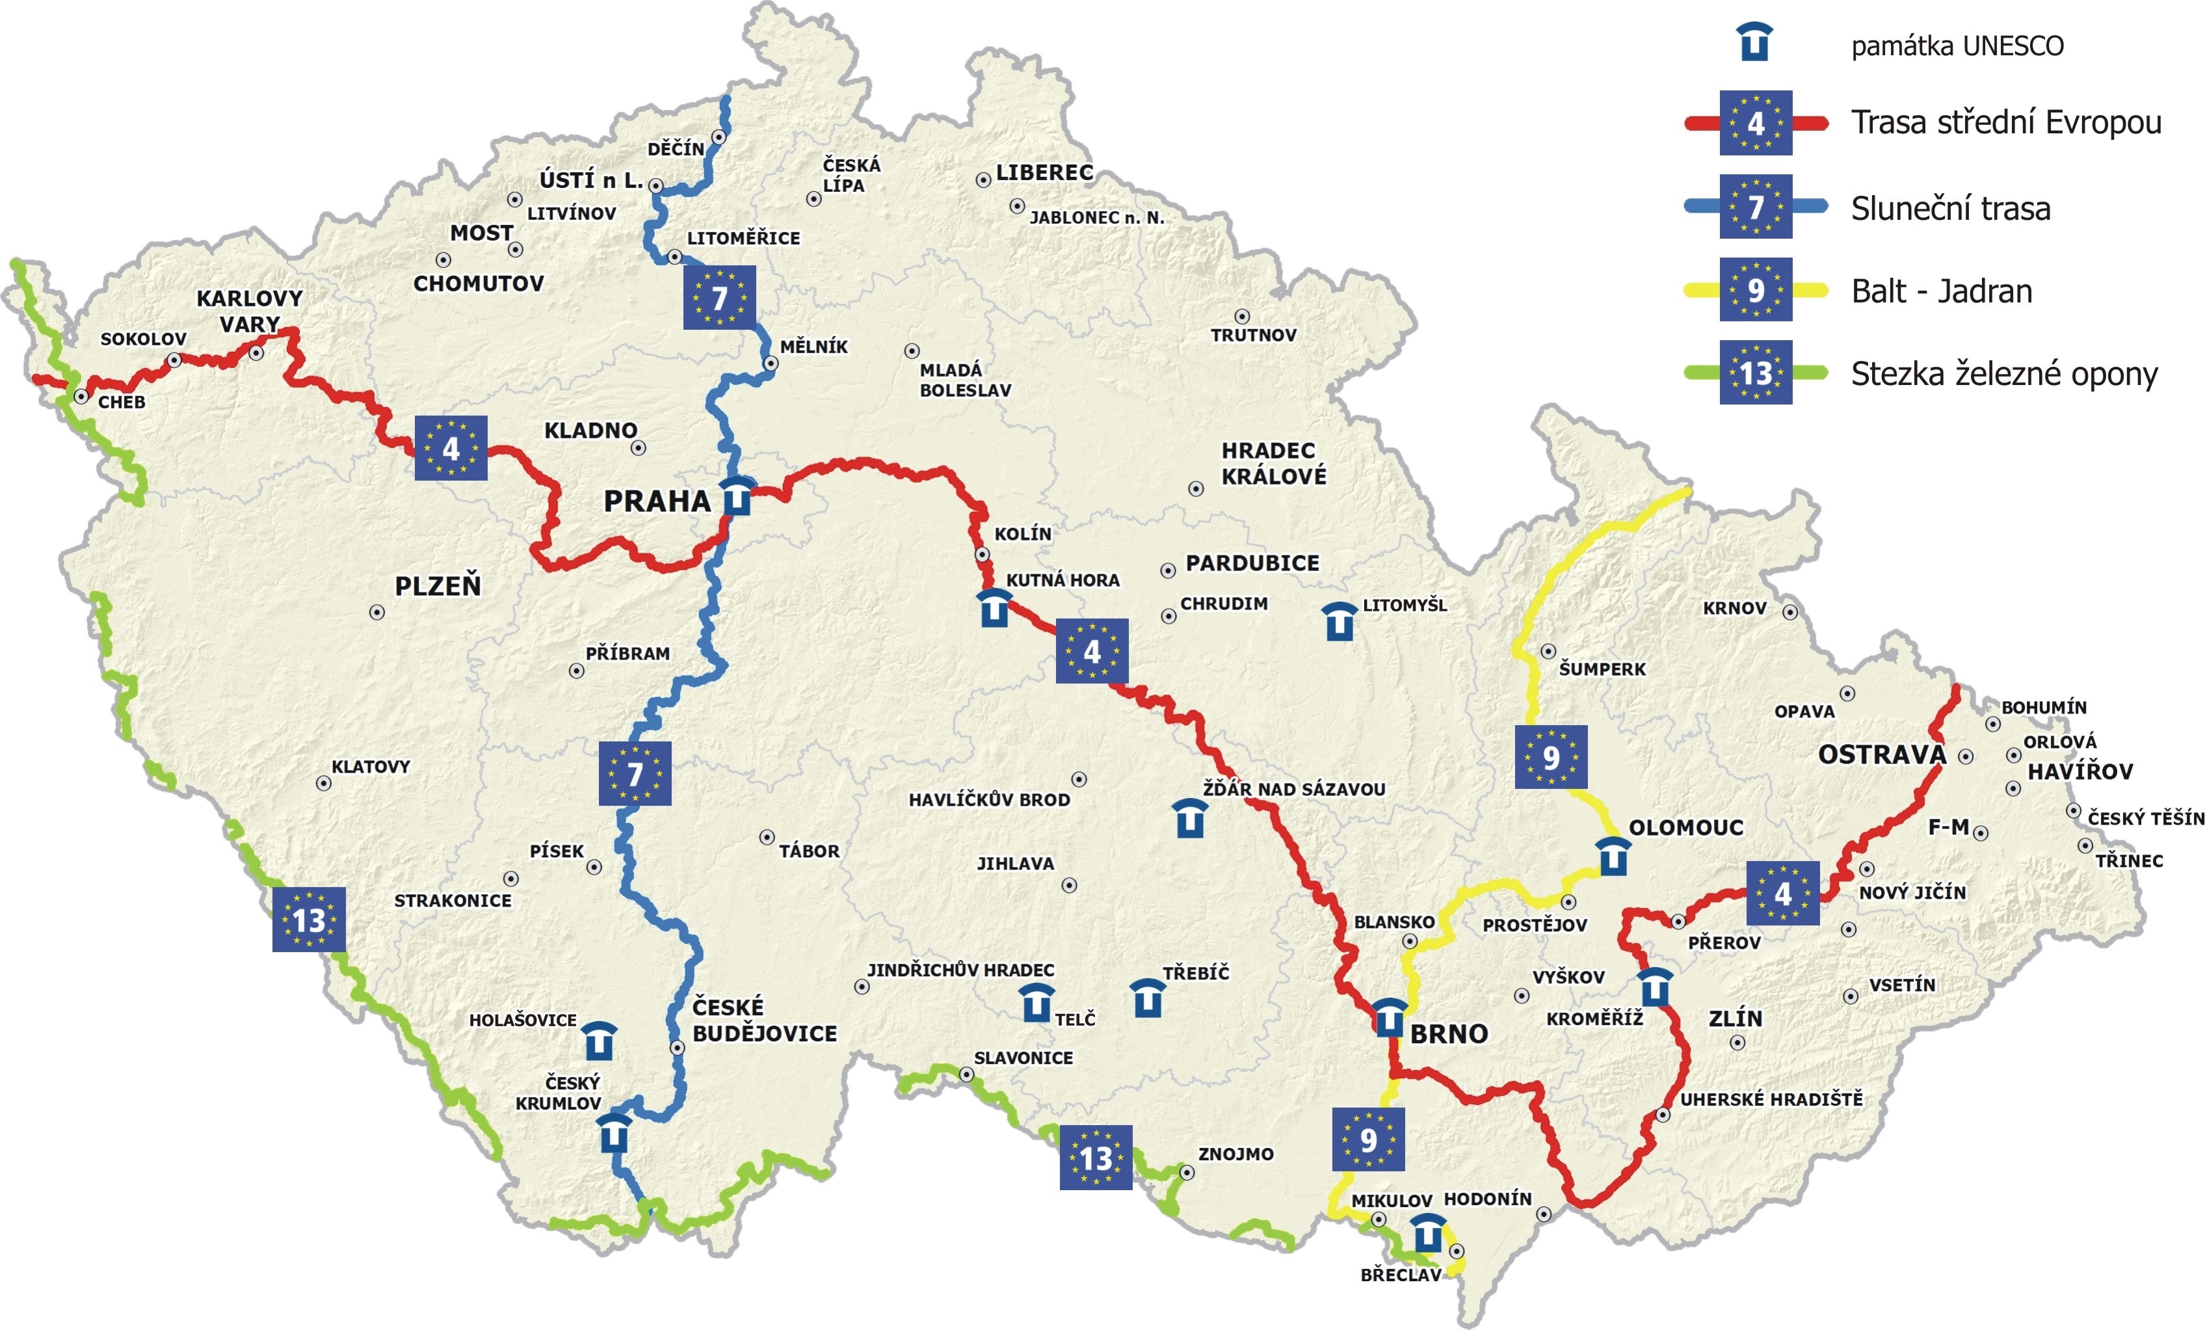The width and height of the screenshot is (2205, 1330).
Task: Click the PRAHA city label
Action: tap(657, 501)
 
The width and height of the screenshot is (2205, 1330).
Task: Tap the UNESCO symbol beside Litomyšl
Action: tap(1339, 621)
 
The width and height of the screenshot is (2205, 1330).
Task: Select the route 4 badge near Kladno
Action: tap(451, 447)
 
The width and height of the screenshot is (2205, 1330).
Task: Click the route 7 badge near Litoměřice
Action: tap(719, 297)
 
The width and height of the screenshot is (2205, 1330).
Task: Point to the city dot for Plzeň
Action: tap(376, 612)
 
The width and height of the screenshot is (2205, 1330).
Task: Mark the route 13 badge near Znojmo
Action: tap(1095, 1157)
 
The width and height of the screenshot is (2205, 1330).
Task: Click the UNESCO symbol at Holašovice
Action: tap(599, 1041)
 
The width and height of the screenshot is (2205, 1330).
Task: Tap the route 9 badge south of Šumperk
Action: tap(1551, 757)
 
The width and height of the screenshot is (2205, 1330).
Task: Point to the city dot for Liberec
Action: tap(983, 180)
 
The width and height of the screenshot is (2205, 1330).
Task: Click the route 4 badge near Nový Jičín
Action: tap(1782, 893)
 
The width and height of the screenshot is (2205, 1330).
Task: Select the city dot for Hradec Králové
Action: tap(1196, 488)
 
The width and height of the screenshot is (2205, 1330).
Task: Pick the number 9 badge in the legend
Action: tap(1755, 290)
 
